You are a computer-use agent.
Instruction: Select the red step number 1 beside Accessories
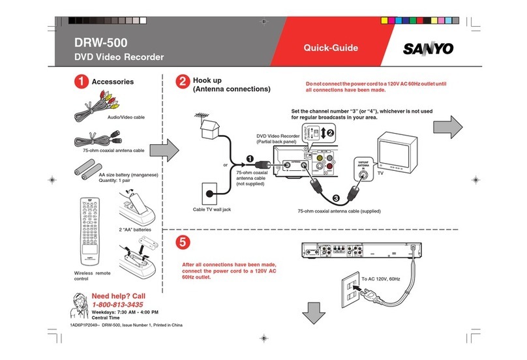(x=80, y=82)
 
